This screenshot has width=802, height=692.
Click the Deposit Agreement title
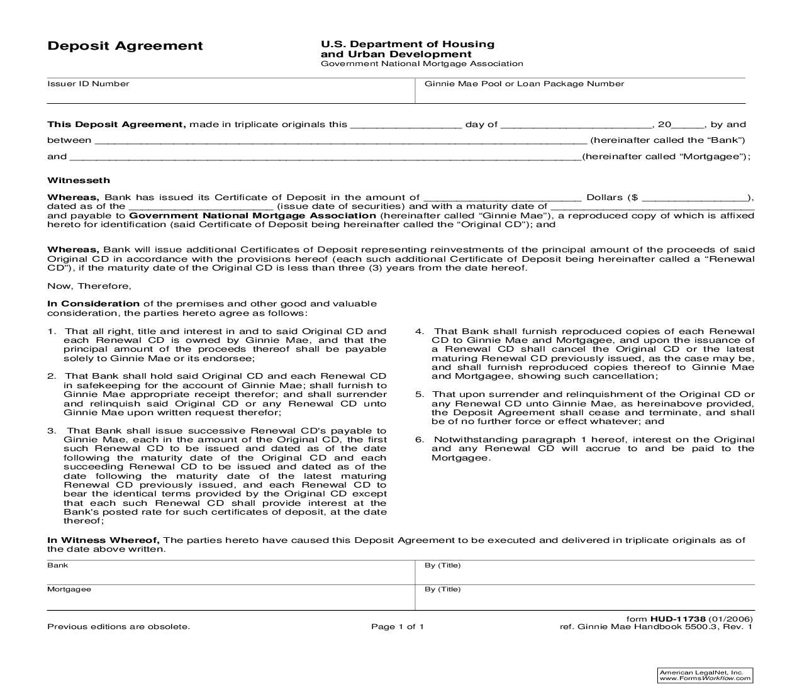click(x=125, y=46)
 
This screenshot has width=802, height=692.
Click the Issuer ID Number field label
click(x=88, y=84)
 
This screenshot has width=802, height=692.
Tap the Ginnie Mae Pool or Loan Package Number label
click(x=524, y=84)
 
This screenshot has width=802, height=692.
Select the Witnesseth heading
click(x=79, y=180)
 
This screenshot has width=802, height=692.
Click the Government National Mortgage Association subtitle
click(x=421, y=64)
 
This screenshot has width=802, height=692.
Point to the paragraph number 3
click(x=52, y=430)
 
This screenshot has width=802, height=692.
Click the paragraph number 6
click(x=420, y=439)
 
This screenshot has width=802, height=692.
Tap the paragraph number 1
click(x=52, y=331)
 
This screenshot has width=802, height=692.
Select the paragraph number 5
click(x=420, y=394)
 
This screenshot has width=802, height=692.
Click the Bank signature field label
click(x=57, y=565)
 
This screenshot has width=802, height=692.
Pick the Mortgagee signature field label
click(x=69, y=589)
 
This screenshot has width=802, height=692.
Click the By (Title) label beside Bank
click(x=442, y=565)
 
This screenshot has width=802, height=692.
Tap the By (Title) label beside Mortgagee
click(x=442, y=589)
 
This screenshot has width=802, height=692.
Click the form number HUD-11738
click(x=677, y=618)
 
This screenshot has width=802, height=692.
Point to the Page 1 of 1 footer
click(x=398, y=627)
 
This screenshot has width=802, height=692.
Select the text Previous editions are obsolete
click(x=118, y=627)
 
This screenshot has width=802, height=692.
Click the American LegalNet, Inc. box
click(x=705, y=675)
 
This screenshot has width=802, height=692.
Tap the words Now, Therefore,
click(x=89, y=286)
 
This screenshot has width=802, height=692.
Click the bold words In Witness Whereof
click(x=103, y=540)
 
